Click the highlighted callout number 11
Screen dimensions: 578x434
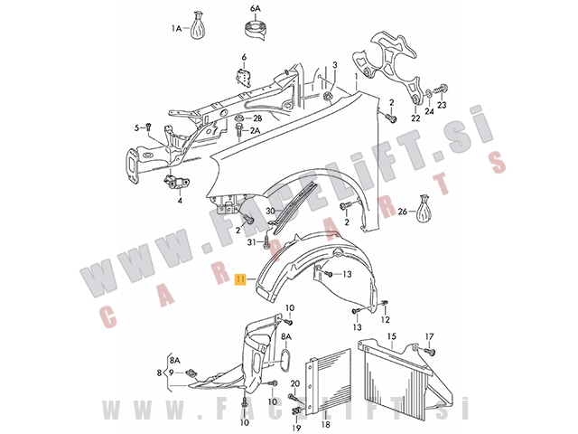tap(241, 279)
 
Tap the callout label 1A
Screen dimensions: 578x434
tap(177, 28)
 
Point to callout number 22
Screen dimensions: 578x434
tap(415, 118)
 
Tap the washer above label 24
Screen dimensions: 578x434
tap(429, 95)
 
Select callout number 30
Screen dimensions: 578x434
tap(271, 211)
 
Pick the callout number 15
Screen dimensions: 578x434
tap(392, 336)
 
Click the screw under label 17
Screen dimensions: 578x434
tap(430, 351)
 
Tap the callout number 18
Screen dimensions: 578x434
tap(326, 425)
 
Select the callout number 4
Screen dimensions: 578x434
tap(180, 201)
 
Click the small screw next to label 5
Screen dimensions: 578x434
tap(148, 127)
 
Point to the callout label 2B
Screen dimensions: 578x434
tap(256, 118)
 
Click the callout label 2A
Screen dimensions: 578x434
tap(255, 130)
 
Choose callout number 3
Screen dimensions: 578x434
tap(335, 65)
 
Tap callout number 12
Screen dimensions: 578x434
tap(386, 319)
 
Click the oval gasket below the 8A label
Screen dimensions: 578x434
tap(286, 360)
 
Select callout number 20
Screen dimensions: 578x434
tap(295, 384)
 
